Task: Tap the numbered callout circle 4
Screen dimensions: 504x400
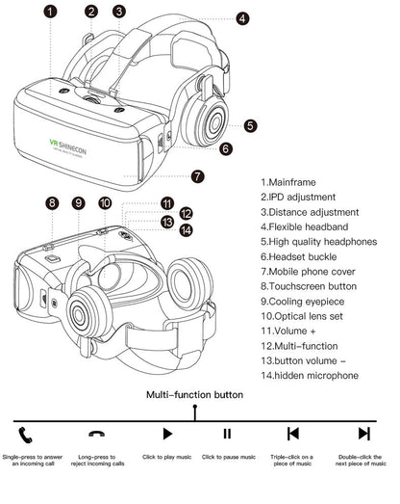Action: point(241,18)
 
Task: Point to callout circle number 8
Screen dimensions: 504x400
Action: point(53,203)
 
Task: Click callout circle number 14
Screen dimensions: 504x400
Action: point(186,230)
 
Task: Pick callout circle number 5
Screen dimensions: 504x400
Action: point(250,125)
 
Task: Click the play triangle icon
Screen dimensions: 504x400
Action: point(167,434)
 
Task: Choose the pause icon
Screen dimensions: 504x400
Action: point(227,434)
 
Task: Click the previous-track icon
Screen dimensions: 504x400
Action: point(293,434)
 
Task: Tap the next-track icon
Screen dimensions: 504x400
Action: point(363,434)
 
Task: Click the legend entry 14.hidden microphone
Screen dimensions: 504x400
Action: point(313,376)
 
